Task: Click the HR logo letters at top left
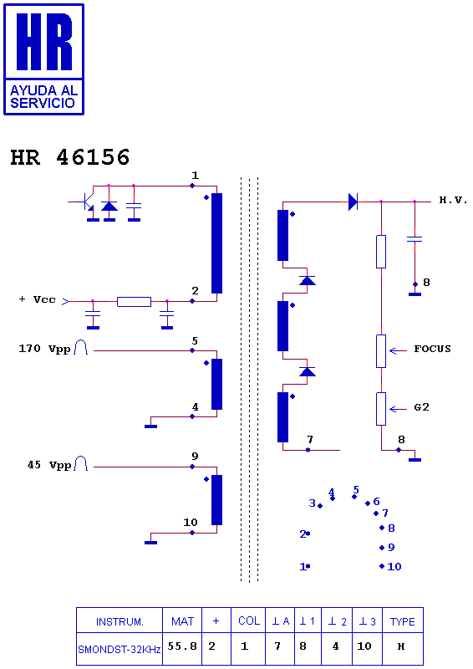(44, 41)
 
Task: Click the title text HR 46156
(70, 157)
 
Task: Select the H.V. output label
(454, 200)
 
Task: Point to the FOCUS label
(432, 349)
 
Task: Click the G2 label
(421, 407)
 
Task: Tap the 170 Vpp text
(44, 349)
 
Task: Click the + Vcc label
(38, 299)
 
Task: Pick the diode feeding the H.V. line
(353, 202)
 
